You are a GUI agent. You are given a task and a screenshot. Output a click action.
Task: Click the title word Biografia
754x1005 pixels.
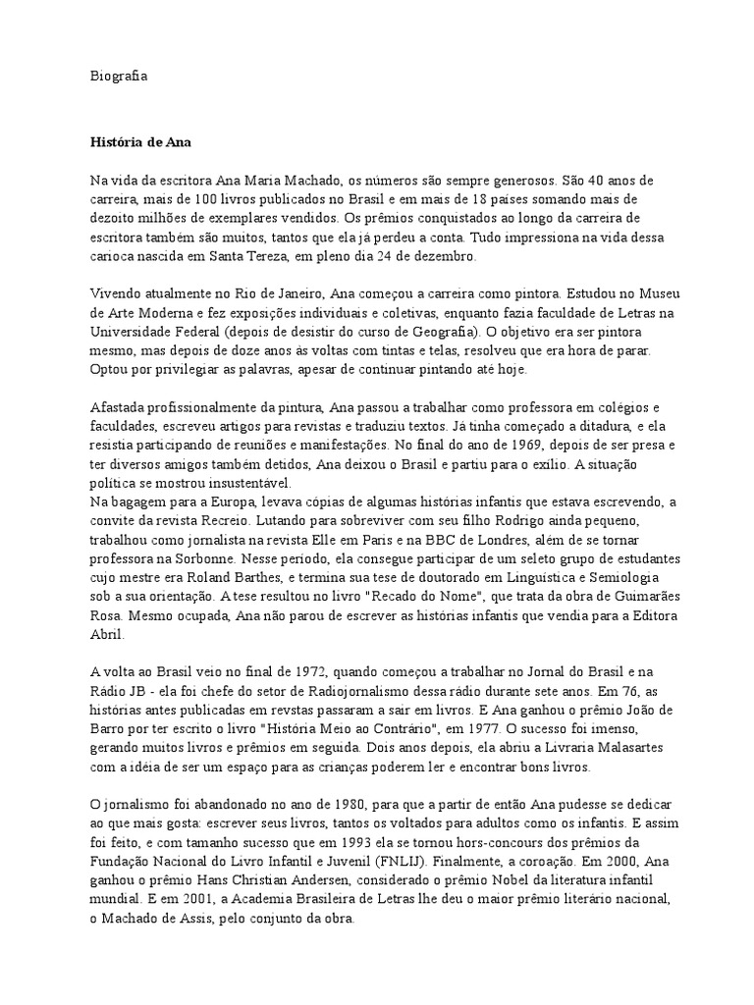coord(118,75)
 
